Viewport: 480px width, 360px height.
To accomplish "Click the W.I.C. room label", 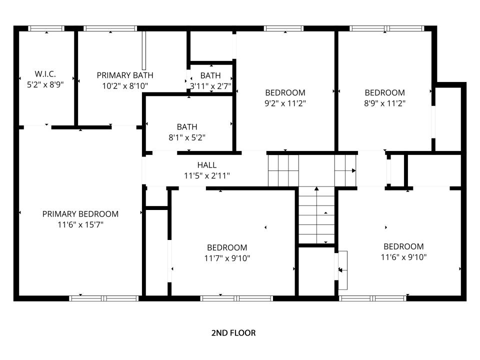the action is [45, 74].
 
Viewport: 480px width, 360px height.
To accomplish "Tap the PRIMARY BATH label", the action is [125, 75].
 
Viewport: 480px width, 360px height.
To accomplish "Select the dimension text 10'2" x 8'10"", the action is [125, 86].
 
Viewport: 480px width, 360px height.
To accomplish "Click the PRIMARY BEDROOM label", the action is [80, 214].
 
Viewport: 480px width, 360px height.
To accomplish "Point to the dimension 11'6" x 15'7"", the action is [80, 224].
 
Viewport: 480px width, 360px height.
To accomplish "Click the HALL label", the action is [207, 165].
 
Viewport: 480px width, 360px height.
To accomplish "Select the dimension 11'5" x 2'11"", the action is [207, 176].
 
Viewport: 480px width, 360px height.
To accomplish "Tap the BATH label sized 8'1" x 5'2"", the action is [187, 126].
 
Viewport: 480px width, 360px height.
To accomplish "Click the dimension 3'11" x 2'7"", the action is [210, 86].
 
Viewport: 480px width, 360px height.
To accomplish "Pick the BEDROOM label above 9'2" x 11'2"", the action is [285, 93].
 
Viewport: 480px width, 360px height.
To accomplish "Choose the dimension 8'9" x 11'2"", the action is [385, 103].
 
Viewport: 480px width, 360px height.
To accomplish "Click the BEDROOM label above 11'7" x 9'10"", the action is [227, 247].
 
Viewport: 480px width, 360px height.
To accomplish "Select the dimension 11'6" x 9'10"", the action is [404, 257].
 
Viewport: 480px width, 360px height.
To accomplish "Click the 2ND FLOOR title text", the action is [233, 333].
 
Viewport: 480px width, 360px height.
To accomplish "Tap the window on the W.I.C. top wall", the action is [46, 28].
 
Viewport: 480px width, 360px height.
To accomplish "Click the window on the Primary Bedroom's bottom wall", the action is [104, 298].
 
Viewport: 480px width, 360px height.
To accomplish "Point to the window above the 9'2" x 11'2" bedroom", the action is [284, 28].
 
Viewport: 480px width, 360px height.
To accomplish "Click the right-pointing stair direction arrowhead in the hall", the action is [354, 170].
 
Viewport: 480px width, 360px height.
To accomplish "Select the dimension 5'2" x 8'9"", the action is [45, 85].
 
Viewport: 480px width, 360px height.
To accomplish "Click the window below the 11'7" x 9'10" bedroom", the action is [236, 298].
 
